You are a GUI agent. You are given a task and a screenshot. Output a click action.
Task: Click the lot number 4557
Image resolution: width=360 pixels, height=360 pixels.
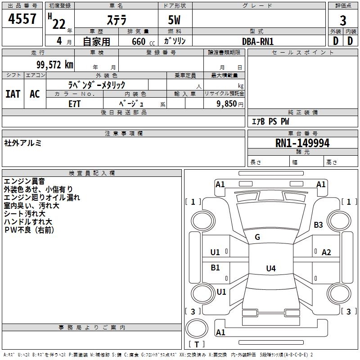(x=22, y=18)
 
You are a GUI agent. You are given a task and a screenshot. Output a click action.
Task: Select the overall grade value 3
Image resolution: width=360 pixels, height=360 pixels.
(x=343, y=21)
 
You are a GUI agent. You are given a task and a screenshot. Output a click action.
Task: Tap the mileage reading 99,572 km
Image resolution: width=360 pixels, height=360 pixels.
(x=55, y=65)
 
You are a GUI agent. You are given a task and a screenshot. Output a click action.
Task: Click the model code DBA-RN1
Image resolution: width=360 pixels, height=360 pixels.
(x=258, y=41)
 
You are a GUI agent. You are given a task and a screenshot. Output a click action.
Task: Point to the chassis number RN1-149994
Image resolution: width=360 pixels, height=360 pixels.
(x=302, y=143)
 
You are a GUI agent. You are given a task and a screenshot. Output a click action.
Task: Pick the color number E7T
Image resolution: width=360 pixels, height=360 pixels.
(x=74, y=104)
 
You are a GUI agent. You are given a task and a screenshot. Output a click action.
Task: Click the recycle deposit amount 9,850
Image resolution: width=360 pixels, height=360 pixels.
(x=227, y=103)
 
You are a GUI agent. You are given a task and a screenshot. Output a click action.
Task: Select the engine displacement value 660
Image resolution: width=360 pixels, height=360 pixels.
(x=139, y=41)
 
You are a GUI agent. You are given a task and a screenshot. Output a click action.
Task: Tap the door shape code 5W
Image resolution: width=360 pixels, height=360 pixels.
(x=174, y=20)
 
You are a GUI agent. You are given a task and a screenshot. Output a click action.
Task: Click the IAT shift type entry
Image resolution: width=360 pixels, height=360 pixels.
(x=13, y=94)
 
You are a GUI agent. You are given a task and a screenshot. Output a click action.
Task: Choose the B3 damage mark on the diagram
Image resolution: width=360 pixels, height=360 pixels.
(x=318, y=225)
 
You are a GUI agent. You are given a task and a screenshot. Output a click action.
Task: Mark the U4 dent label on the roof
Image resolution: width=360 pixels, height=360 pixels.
(x=271, y=268)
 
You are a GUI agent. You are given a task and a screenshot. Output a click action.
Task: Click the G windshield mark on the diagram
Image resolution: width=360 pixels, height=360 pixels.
(x=257, y=237)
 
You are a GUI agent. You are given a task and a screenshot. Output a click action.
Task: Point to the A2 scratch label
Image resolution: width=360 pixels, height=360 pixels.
(x=326, y=252)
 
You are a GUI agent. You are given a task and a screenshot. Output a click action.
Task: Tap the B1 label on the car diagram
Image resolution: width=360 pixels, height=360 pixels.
(x=215, y=267)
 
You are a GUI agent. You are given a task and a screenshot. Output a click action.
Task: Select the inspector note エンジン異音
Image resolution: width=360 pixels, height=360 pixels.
(x=24, y=181)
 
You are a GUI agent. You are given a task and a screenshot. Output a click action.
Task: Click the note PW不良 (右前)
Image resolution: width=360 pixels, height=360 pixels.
(x=29, y=230)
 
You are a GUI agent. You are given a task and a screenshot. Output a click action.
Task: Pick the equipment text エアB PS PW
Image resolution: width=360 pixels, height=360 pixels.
(x=270, y=121)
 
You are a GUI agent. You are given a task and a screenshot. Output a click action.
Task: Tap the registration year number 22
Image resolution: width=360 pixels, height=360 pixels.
(x=59, y=24)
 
